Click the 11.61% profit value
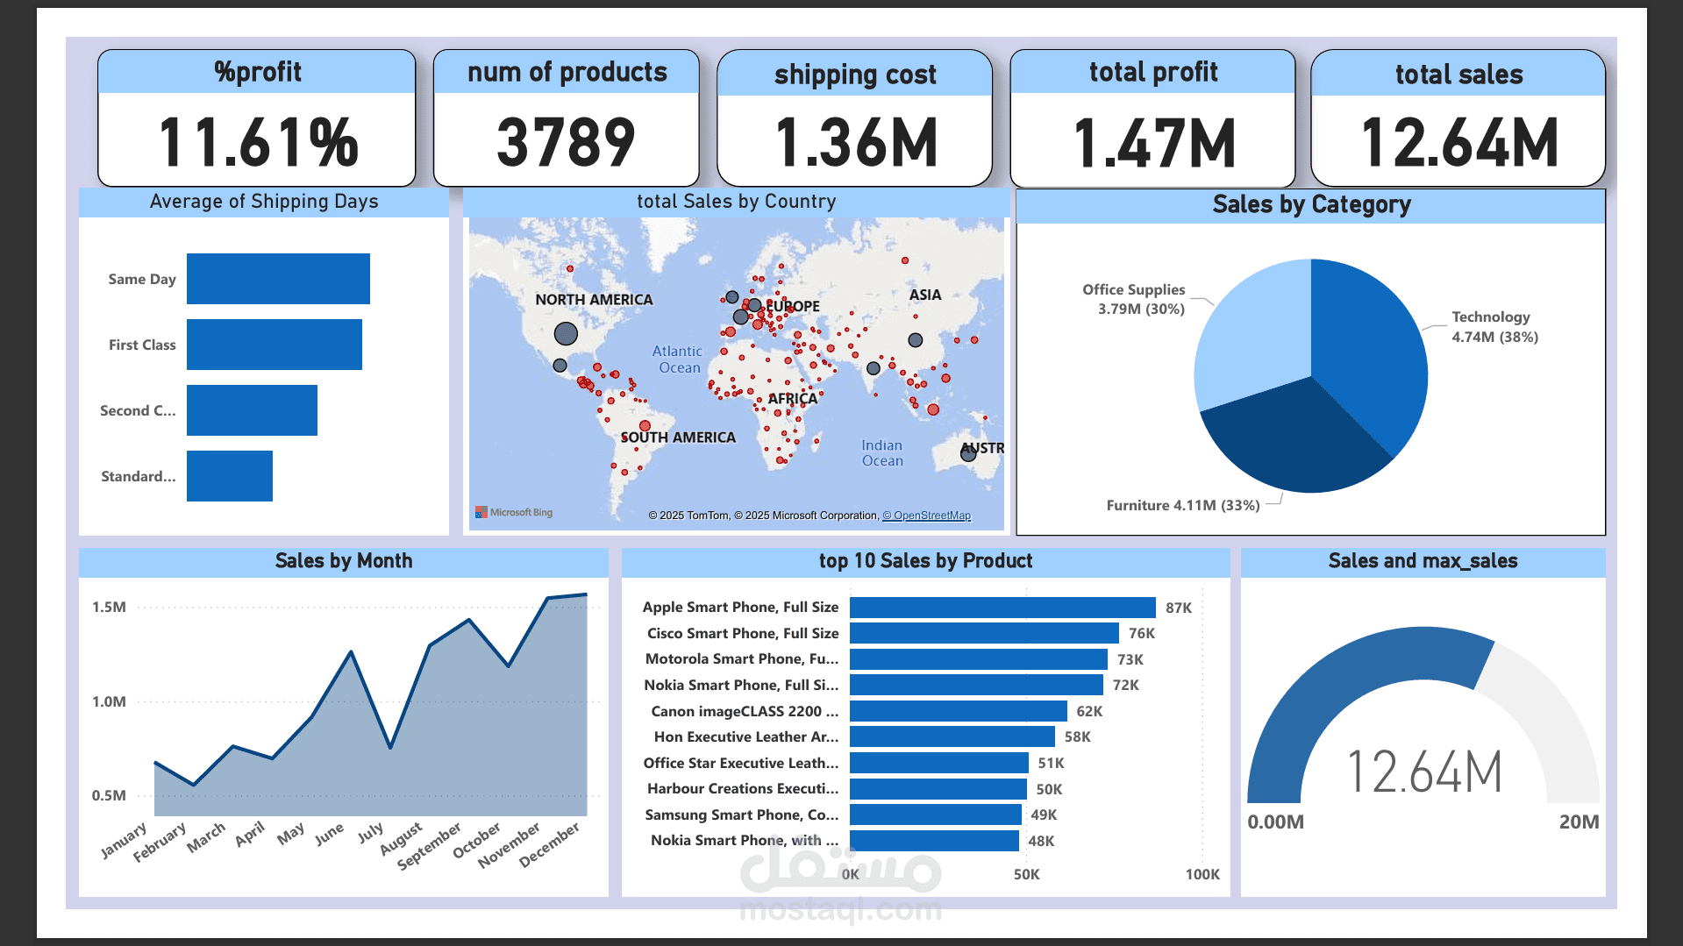pyautogui.click(x=258, y=142)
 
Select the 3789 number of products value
pyautogui.click(x=566, y=142)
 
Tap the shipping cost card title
pyautogui.click(x=855, y=75)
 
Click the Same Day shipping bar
pyautogui.click(x=278, y=279)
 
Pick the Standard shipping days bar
pyautogui.click(x=230, y=476)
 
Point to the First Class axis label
pyautogui.click(x=142, y=345)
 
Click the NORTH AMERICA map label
pyautogui.click(x=594, y=300)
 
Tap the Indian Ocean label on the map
pyautogui.click(x=881, y=452)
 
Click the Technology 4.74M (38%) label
pyautogui.click(x=1494, y=327)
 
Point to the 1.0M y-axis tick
pyautogui.click(x=109, y=701)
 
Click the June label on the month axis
pyautogui.click(x=329, y=835)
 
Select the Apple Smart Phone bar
pyautogui.click(x=1002, y=608)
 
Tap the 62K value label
pyautogui.click(x=1089, y=711)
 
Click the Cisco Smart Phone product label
pyautogui.click(x=742, y=633)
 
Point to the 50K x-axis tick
pyautogui.click(x=1026, y=874)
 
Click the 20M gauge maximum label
pyautogui.click(x=1579, y=822)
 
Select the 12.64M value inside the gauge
pyautogui.click(x=1423, y=772)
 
